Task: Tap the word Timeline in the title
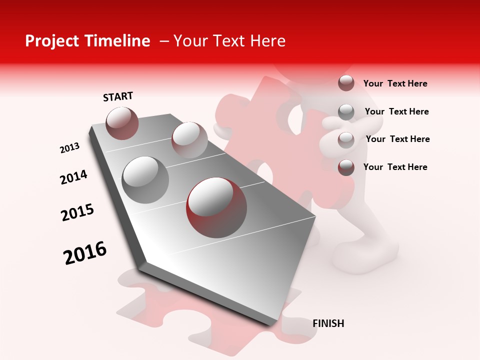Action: pyautogui.click(x=118, y=41)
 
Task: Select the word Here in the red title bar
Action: pyautogui.click(x=267, y=41)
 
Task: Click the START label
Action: pyautogui.click(x=118, y=96)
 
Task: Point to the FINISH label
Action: pyautogui.click(x=328, y=323)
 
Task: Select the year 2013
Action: pyautogui.click(x=69, y=148)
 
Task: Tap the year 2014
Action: pyautogui.click(x=73, y=177)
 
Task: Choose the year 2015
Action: pyautogui.click(x=77, y=212)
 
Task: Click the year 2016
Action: pyautogui.click(x=85, y=252)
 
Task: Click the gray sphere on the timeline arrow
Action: pyautogui.click(x=145, y=180)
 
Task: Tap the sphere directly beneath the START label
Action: pyautogui.click(x=122, y=123)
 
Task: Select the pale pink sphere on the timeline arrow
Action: pyautogui.click(x=189, y=139)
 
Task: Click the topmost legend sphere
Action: pyautogui.click(x=346, y=83)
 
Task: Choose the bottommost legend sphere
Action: pyautogui.click(x=346, y=167)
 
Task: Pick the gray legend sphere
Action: pyautogui.click(x=346, y=111)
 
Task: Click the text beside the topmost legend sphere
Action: pyautogui.click(x=395, y=83)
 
